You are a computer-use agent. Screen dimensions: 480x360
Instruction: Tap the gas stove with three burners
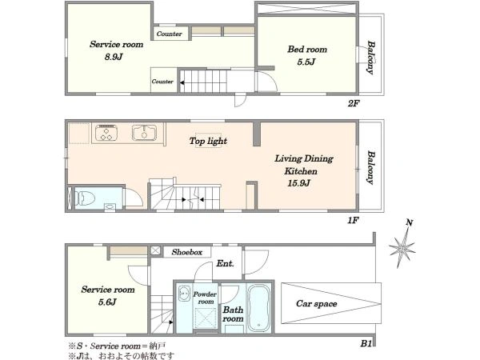(106, 133)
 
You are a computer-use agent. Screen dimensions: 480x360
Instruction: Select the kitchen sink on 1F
(144, 133)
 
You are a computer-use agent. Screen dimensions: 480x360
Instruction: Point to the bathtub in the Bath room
(258, 308)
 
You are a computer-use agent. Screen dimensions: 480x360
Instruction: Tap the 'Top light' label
(208, 141)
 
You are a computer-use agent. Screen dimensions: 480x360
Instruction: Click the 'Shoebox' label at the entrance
(187, 252)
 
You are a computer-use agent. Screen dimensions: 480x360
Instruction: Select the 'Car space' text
(317, 303)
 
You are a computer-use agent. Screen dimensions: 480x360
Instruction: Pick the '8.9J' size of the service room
(114, 57)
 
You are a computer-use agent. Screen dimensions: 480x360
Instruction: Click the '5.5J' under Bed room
(306, 62)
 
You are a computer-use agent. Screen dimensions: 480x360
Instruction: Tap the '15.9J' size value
(298, 183)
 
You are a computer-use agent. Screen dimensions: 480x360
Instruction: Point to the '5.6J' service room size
(107, 302)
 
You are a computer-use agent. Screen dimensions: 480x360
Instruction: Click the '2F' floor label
(354, 103)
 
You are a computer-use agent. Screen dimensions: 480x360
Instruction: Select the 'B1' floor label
(366, 343)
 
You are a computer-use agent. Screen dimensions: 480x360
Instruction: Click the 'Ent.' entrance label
(226, 263)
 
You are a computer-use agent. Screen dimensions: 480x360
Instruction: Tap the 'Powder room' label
(205, 298)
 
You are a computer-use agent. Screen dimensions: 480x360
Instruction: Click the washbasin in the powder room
(184, 293)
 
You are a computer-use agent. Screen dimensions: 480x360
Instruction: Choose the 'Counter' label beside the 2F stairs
(162, 82)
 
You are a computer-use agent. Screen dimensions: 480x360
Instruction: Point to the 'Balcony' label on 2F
(370, 58)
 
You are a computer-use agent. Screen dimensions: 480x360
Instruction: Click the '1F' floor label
(353, 220)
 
